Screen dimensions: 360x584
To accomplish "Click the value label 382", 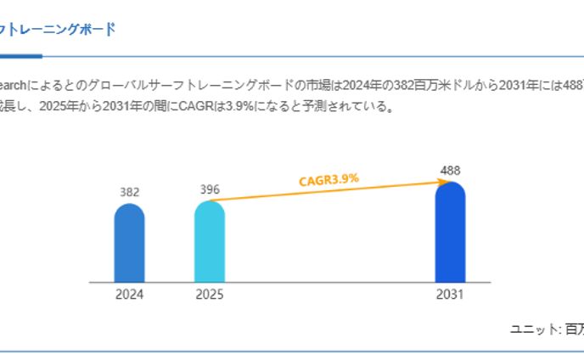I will click(129, 192).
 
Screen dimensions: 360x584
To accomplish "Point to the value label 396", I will click(210, 189).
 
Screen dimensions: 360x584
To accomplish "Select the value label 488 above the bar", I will click(450, 171).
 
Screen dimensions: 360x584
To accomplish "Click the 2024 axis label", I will click(129, 295).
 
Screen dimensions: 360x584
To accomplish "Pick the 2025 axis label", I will click(210, 295).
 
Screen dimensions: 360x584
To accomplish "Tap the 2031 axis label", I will click(450, 295).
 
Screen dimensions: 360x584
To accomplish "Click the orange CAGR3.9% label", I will click(328, 179).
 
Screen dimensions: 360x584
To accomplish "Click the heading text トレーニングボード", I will click(59, 30).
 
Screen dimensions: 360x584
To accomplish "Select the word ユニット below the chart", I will click(532, 329).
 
